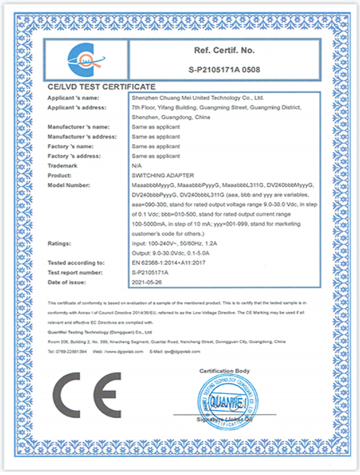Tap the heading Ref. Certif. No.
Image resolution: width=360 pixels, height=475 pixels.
(224, 51)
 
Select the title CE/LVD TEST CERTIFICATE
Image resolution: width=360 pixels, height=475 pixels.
(101, 87)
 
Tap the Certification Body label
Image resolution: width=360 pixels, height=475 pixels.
(224, 371)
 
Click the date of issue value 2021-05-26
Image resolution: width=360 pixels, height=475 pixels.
(146, 282)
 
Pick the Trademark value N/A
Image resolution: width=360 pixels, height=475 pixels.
(136, 166)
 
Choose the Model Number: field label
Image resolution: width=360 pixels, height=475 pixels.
(70, 185)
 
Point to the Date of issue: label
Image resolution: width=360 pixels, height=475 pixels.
(66, 282)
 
